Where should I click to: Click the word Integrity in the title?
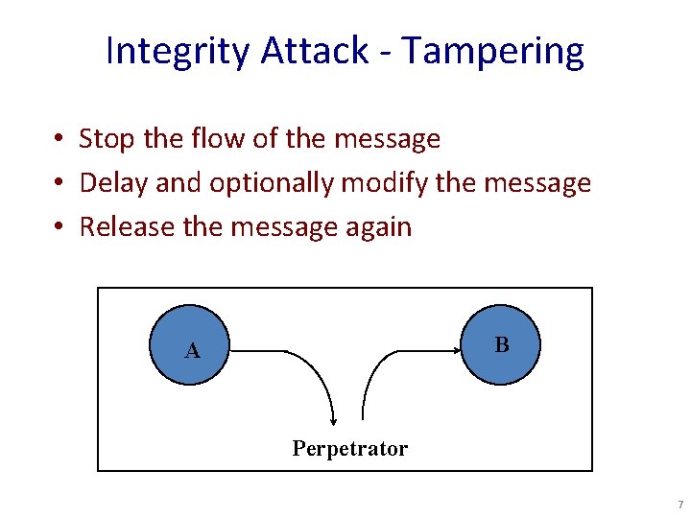tap(178, 51)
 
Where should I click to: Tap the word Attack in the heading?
tap(312, 51)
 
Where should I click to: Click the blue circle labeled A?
tap(192, 345)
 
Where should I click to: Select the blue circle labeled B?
tap(501, 344)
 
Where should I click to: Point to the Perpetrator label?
tap(349, 448)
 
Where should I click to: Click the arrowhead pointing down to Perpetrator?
tap(334, 418)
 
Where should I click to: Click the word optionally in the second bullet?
tap(271, 183)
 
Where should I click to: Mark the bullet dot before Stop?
tap(60, 140)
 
